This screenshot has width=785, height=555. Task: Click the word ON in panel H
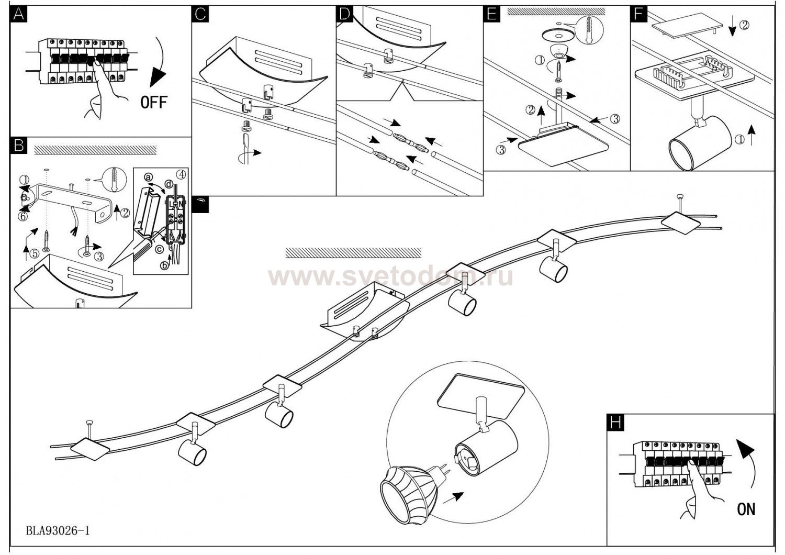[746, 508]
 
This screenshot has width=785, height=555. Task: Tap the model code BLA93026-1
[58, 530]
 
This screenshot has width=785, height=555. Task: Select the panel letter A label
[18, 14]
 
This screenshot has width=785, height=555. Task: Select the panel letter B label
[18, 146]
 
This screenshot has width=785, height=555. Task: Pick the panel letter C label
[200, 14]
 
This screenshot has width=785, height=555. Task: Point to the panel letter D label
[344, 14]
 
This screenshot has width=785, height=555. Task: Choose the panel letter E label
[490, 14]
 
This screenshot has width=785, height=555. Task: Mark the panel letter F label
[637, 14]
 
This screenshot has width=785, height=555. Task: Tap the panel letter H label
[615, 423]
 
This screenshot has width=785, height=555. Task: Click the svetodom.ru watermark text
[390, 276]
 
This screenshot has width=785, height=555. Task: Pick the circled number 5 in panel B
[34, 254]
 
